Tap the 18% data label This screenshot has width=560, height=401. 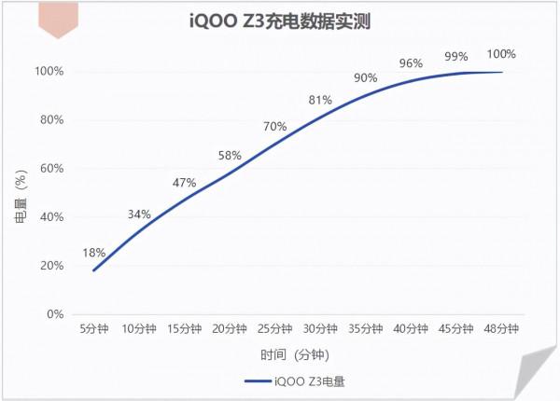click(94, 253)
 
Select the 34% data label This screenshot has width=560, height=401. click(139, 214)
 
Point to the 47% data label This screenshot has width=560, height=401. click(185, 183)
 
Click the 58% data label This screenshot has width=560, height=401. click(230, 155)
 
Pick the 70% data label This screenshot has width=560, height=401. click(274, 126)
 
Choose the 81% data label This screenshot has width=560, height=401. click(320, 100)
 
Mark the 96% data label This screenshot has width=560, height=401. click(411, 63)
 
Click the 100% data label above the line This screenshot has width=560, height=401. click(501, 53)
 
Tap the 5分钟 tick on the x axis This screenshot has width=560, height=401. click(94, 329)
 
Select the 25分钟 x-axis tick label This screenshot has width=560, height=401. click(274, 329)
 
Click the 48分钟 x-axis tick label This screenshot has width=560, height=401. click(501, 329)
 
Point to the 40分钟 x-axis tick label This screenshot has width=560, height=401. click(411, 329)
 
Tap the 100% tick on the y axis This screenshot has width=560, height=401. click(49, 71)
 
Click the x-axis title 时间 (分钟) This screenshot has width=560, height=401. click(295, 355)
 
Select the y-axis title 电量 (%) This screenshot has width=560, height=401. click(21, 192)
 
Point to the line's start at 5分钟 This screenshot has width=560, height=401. click(93, 270)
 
